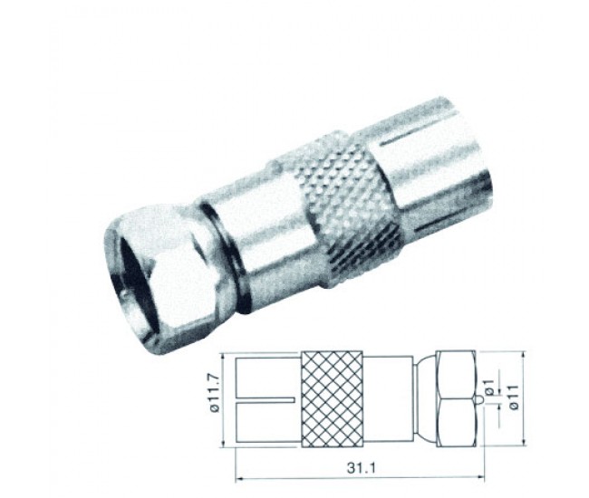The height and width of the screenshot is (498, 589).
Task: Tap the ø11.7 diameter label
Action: pyautogui.click(x=216, y=395)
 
